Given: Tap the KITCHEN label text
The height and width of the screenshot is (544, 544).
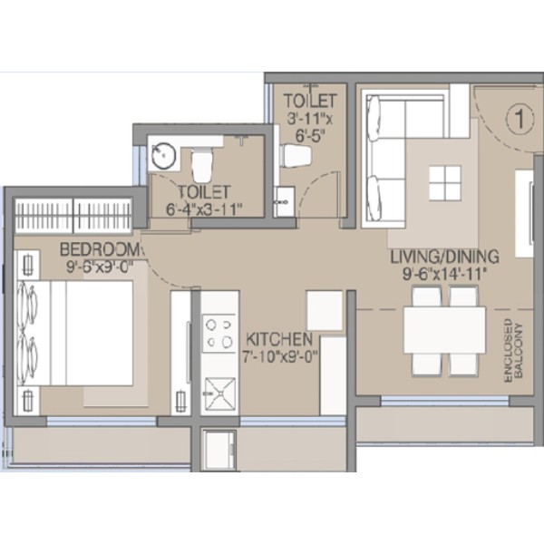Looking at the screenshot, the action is click(x=279, y=340).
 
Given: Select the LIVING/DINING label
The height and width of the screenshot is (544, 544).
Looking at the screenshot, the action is click(x=445, y=257).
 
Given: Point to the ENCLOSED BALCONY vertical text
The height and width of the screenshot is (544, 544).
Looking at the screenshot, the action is click(x=513, y=351).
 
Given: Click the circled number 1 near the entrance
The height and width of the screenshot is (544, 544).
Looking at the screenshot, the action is click(x=520, y=119).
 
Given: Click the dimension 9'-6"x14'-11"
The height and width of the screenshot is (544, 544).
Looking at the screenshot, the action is click(x=443, y=275).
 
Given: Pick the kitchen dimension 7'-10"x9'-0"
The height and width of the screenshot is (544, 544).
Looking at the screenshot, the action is click(x=280, y=357).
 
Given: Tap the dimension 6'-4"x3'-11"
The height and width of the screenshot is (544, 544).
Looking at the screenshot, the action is click(x=204, y=209).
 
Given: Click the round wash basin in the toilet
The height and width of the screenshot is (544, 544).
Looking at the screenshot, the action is click(x=164, y=156).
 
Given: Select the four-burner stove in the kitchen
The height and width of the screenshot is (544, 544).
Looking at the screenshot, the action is click(x=219, y=334).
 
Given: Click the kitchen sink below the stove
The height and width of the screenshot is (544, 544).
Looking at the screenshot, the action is click(x=219, y=394).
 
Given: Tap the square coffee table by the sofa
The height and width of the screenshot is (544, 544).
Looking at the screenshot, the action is click(x=445, y=183).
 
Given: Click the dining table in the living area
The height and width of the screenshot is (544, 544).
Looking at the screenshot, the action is click(x=445, y=330).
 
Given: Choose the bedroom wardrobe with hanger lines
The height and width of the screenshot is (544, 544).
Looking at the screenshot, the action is click(x=73, y=215).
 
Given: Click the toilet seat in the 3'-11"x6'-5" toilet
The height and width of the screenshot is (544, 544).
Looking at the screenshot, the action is click(x=296, y=156).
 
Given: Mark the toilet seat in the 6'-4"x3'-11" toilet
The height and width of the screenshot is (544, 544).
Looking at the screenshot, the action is click(x=201, y=165).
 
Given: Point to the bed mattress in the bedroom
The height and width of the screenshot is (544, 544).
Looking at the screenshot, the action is click(x=75, y=333).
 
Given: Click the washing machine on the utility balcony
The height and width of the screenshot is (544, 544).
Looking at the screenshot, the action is click(x=219, y=451).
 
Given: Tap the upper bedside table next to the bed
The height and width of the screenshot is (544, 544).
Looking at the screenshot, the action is click(x=28, y=265).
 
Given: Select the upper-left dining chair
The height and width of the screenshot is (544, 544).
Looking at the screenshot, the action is click(x=426, y=296).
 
